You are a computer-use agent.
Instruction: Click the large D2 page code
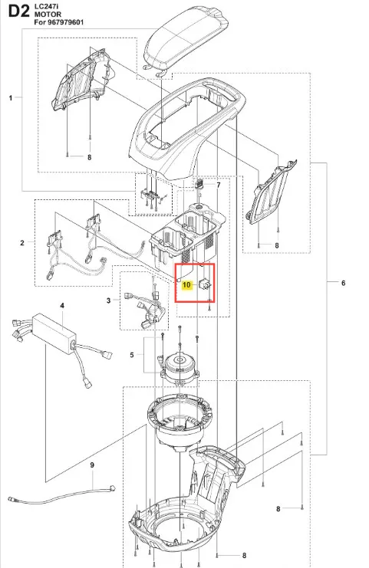18,11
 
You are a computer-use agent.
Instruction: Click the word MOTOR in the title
48,15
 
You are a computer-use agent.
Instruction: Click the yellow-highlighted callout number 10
186,285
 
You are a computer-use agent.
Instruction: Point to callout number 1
11,98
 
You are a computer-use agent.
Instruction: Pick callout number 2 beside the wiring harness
22,243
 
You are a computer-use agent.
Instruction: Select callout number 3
108,300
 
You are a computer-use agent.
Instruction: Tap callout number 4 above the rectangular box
62,306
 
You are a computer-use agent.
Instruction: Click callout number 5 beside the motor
132,355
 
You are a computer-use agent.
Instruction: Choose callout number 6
343,283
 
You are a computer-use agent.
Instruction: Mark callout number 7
219,185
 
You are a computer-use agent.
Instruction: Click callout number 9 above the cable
92,465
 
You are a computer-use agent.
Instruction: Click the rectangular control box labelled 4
54,333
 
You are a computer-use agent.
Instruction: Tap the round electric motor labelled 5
180,366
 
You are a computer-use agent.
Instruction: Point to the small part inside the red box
205,284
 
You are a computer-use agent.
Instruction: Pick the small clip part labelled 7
199,183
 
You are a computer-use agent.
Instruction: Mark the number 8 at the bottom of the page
244,555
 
